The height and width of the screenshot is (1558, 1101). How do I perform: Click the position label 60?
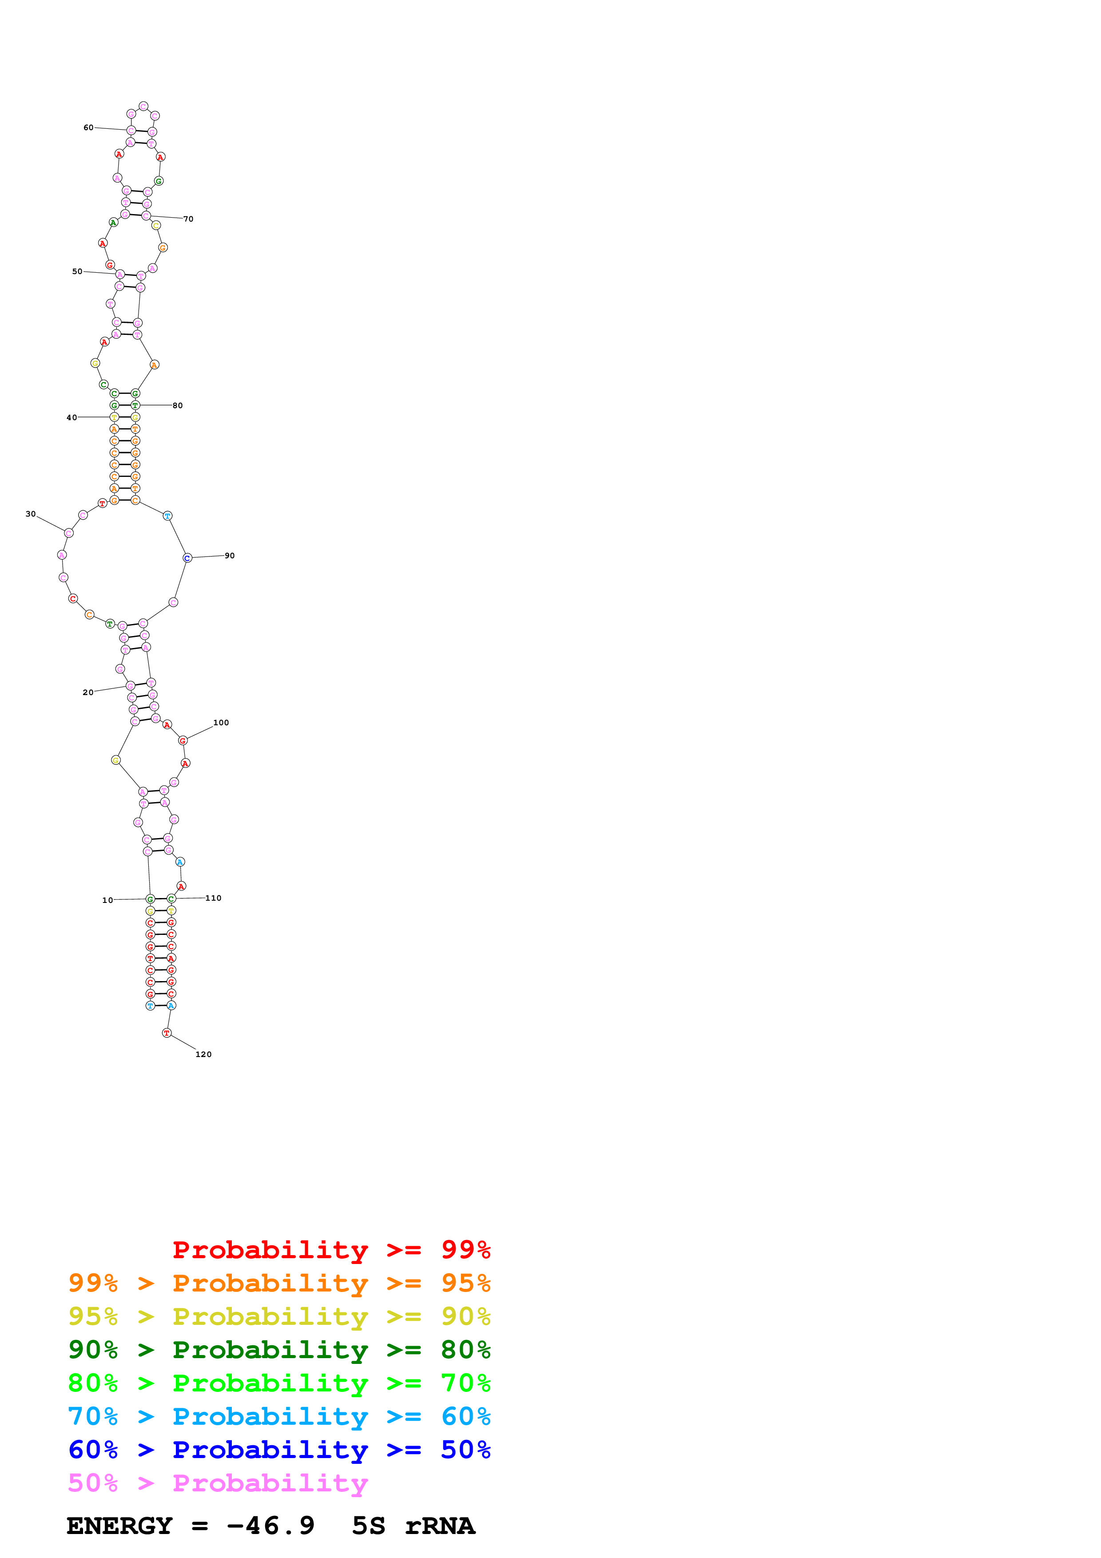point(88,127)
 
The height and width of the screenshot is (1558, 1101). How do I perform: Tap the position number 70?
point(189,219)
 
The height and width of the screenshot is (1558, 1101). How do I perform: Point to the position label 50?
point(77,271)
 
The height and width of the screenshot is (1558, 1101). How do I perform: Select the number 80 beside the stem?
point(178,406)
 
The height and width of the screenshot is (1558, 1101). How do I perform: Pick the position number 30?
point(31,514)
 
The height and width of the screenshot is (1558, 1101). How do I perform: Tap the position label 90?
point(230,556)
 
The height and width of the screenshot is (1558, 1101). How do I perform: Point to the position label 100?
point(221,723)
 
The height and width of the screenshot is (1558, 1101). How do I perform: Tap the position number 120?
point(203,1054)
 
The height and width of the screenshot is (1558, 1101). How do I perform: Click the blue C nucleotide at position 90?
point(187,558)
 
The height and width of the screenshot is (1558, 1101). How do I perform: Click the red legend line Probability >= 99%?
point(331,1249)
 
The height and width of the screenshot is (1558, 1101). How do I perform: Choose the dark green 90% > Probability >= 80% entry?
point(279,1350)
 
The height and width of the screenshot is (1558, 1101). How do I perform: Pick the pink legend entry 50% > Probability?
point(218,1482)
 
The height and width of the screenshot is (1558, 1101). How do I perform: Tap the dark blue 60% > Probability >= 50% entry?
point(279,1450)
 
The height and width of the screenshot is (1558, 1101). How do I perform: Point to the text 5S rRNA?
point(413,1526)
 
